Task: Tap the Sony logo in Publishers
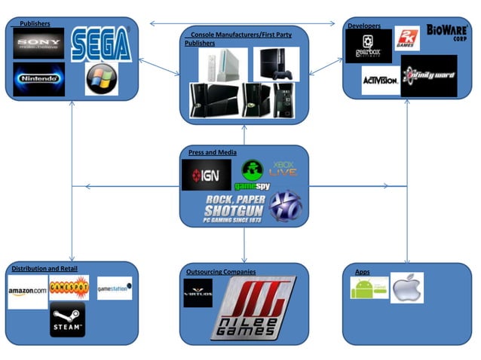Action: click(38, 42)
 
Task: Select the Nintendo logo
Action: click(38, 78)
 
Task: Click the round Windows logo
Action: click(101, 79)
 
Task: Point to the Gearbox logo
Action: click(368, 44)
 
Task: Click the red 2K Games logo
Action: click(407, 38)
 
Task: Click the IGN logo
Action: click(206, 175)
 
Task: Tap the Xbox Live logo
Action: click(283, 168)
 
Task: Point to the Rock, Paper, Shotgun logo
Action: click(235, 206)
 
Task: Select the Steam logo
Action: click(67, 319)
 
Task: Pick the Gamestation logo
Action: click(115, 288)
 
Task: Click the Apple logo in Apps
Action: click(408, 287)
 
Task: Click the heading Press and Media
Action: click(212, 152)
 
